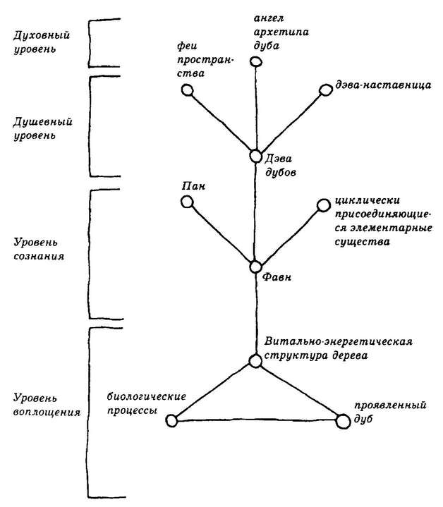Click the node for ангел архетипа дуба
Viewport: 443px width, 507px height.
click(255, 61)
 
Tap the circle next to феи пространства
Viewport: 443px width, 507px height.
click(187, 90)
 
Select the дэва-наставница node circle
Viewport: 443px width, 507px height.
click(325, 90)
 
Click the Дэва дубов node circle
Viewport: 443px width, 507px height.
click(256, 157)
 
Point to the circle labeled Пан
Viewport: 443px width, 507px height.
click(187, 202)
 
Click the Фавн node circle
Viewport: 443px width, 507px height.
click(256, 267)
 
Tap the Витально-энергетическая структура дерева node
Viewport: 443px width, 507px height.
click(255, 361)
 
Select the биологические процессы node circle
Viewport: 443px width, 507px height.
click(171, 421)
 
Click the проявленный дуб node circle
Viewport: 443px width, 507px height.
click(343, 421)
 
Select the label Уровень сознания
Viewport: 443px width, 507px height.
click(39, 250)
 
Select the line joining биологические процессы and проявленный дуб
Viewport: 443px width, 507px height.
click(257, 421)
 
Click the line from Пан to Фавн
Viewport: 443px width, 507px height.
click(221, 235)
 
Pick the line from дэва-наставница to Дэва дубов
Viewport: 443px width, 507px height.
click(291, 123)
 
